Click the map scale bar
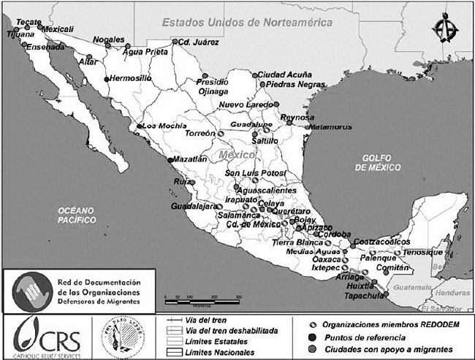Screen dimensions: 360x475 (x=204, y=298)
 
